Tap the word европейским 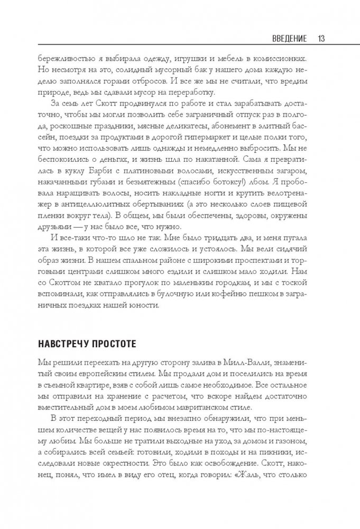pyautogui.click(x=94, y=377)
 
